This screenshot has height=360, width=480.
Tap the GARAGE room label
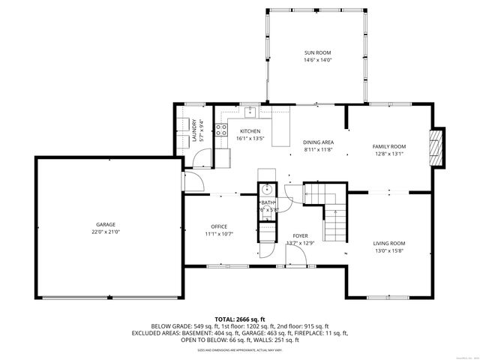pyautogui.click(x=105, y=224)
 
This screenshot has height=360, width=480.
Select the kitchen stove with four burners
pyautogui.click(x=221, y=133)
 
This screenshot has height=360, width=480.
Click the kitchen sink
pyautogui.click(x=251, y=113)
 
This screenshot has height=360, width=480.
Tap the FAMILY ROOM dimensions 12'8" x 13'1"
pyautogui.click(x=389, y=154)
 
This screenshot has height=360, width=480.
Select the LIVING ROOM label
pyautogui.click(x=389, y=243)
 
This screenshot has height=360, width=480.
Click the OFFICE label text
pyautogui.click(x=218, y=226)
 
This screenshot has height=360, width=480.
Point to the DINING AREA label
pyautogui.click(x=318, y=142)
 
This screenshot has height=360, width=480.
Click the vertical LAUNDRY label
pyautogui.click(x=193, y=130)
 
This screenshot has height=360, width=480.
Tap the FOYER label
pyautogui.click(x=300, y=235)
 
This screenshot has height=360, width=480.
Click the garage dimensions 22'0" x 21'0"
pyautogui.click(x=105, y=232)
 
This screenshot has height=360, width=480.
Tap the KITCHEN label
pyautogui.click(x=250, y=131)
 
